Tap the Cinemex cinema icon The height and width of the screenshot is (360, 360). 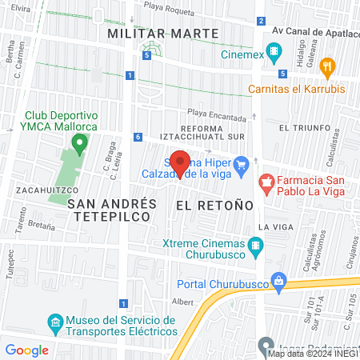[274, 54]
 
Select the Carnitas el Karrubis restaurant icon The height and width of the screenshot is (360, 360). [326, 66]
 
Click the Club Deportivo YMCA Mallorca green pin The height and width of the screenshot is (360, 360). [78, 144]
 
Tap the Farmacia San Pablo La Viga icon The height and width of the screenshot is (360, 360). [266, 186]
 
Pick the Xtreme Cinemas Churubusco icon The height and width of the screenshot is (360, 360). [256, 247]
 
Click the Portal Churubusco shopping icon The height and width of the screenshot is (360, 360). [278, 282]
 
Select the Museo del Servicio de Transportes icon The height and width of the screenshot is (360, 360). [55, 324]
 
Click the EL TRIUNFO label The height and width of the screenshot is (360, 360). [304, 127]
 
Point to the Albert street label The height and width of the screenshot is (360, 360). [182, 302]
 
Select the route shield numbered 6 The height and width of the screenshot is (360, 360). [138, 137]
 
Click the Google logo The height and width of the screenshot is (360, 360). [27, 350]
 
